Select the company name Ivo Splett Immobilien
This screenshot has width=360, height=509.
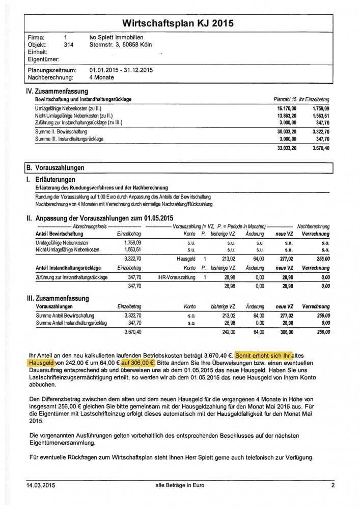(x=116, y=37)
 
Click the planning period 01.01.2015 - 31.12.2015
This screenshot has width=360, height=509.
(x=121, y=70)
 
